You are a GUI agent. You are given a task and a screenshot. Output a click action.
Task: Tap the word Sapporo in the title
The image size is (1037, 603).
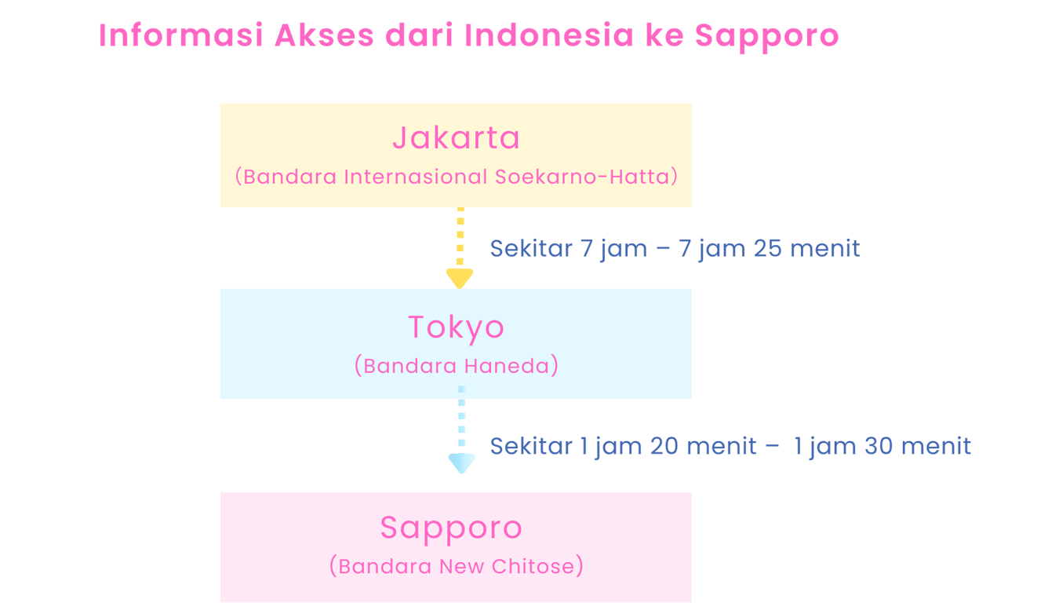[767, 36]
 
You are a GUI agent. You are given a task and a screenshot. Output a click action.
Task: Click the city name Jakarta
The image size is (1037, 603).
[456, 138]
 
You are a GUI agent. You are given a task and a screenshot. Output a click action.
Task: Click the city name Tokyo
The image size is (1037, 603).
[456, 327]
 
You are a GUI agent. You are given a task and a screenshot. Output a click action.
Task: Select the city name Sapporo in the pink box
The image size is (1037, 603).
[451, 528]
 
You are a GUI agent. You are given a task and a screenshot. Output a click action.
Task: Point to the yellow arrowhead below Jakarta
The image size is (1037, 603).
[460, 277]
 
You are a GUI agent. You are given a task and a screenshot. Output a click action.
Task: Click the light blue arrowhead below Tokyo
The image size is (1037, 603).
[461, 463]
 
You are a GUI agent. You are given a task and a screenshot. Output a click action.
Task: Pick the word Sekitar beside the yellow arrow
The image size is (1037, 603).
[531, 249]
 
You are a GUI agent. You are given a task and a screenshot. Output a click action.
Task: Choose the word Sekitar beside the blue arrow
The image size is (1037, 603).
[531, 447]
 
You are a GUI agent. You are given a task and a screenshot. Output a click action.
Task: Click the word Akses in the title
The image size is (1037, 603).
[324, 35]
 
